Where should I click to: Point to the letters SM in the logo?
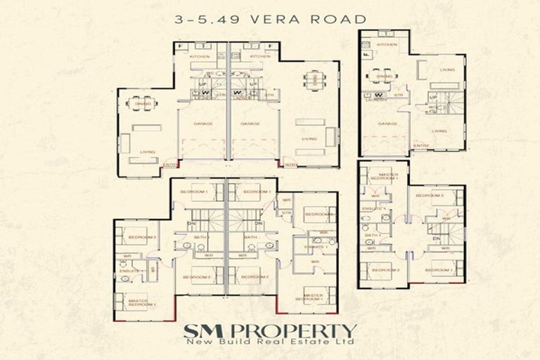(x=199, y=330)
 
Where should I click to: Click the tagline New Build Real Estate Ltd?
(x=271, y=343)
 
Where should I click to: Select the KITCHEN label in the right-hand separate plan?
(x=387, y=44)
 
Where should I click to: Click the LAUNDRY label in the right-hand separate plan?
(x=372, y=100)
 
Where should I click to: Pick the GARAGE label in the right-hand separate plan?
(x=384, y=123)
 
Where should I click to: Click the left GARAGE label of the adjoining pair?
(x=204, y=123)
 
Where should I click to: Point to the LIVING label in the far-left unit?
(x=147, y=151)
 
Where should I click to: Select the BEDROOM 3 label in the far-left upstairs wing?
(x=143, y=237)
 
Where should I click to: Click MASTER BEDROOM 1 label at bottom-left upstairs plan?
(x=142, y=303)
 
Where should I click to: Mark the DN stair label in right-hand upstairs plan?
(x=437, y=238)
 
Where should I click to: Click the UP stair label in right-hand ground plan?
(x=433, y=97)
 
